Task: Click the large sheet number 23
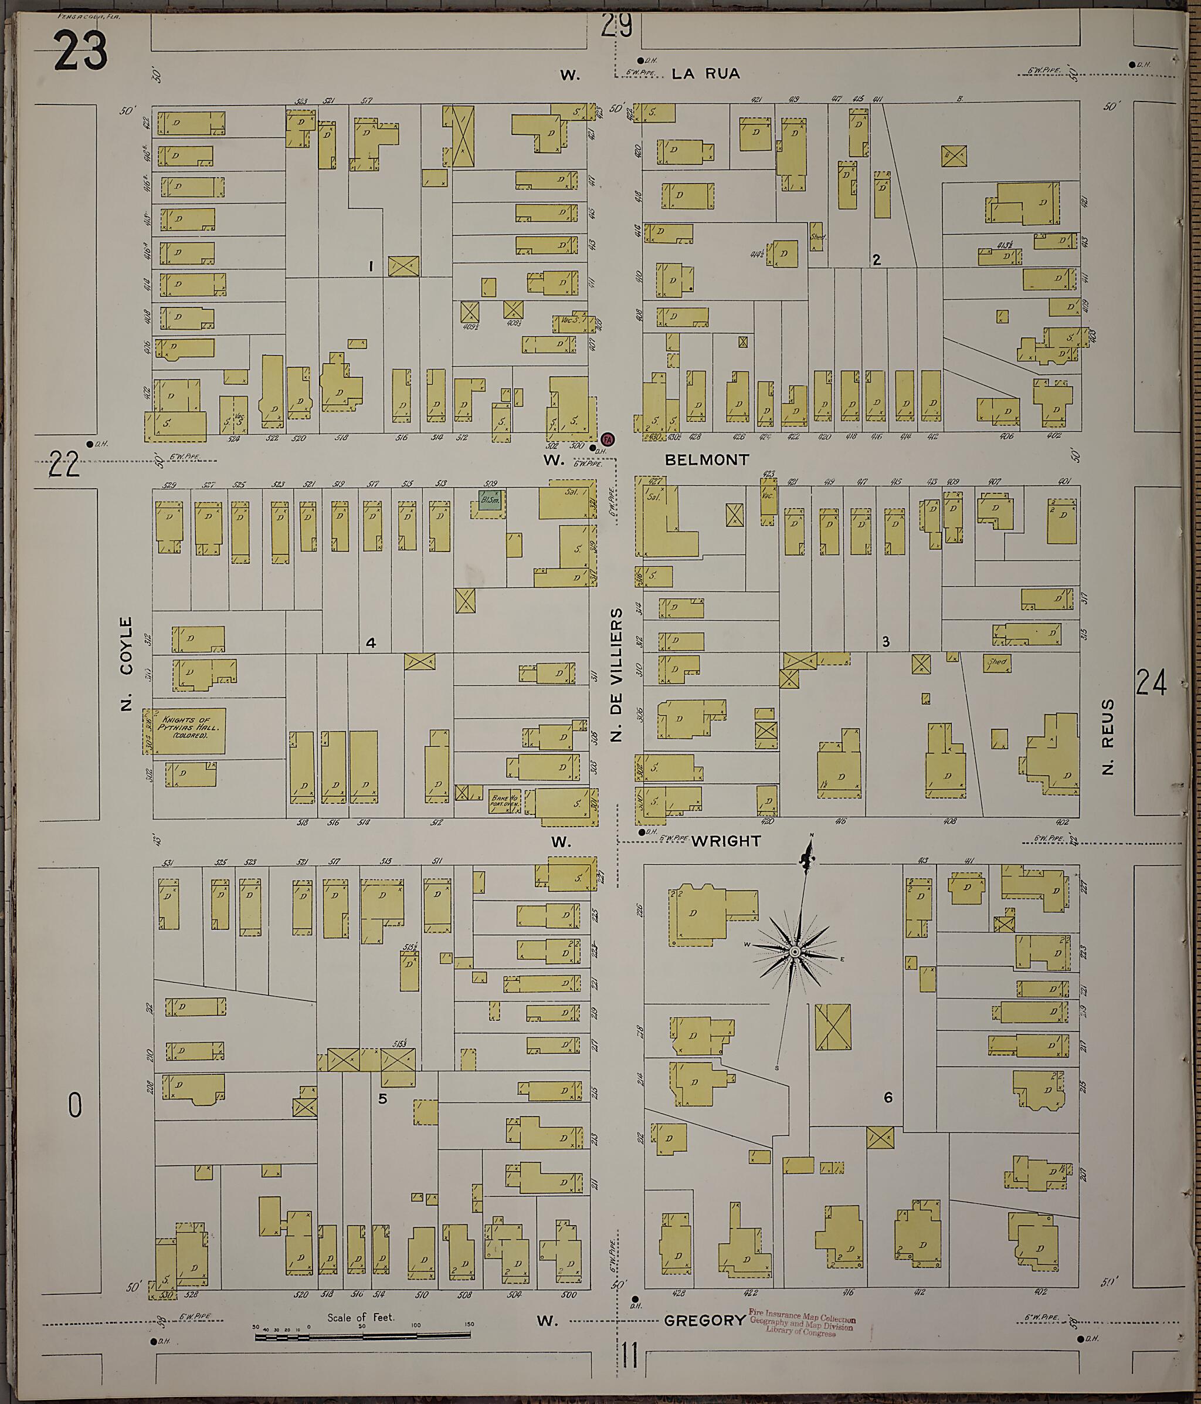pos(80,52)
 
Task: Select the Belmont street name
pos(707,460)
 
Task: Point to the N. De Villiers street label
pos(616,674)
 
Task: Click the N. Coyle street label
pos(126,664)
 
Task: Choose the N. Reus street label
pos(1108,737)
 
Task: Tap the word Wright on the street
pos(726,841)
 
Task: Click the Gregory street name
pos(704,1321)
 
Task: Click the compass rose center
pos(795,953)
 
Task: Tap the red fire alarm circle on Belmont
pos(608,440)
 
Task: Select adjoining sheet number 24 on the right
pos(1151,682)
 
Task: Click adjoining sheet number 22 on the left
pos(65,466)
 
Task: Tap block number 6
pos(887,1098)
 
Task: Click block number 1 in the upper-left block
pos(371,266)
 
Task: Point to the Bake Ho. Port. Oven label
pos(505,801)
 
